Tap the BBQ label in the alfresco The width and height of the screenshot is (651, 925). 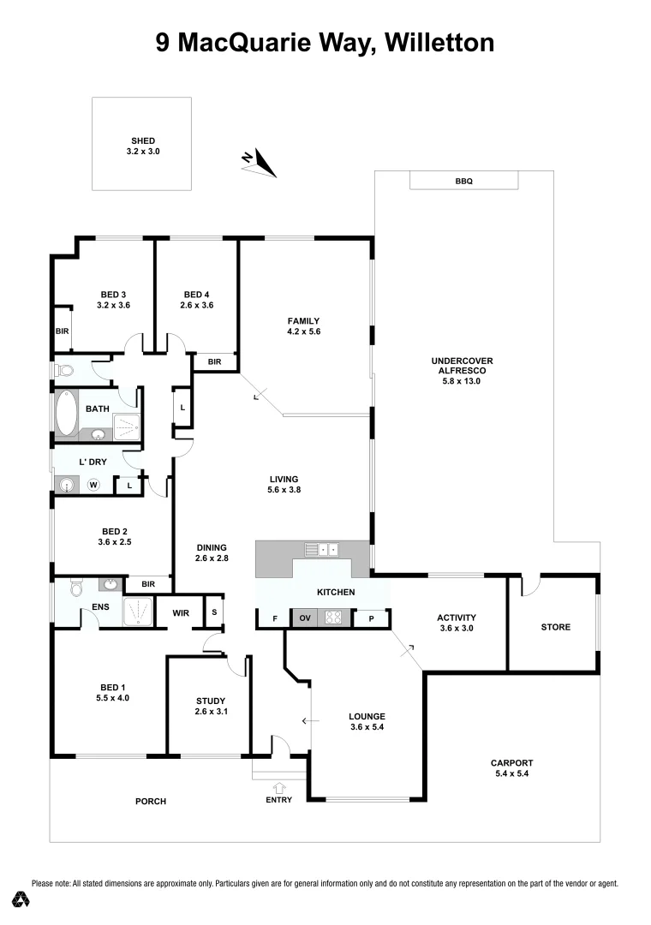point(463,182)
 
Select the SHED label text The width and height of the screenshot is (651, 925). point(143,140)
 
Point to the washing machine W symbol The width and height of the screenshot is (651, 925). point(94,486)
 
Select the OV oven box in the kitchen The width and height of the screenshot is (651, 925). point(304,618)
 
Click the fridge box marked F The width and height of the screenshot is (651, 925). point(274,618)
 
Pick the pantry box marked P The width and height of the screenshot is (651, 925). point(372,618)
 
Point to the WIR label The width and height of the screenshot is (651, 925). point(181,613)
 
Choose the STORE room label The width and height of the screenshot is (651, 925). point(555,627)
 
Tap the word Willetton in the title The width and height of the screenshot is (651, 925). point(439,42)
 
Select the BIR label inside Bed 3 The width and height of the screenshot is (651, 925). point(62,331)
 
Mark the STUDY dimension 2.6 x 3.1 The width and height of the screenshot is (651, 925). point(211,712)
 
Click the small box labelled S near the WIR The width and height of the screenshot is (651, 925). point(213,612)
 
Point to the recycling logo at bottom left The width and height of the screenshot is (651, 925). point(21,899)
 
